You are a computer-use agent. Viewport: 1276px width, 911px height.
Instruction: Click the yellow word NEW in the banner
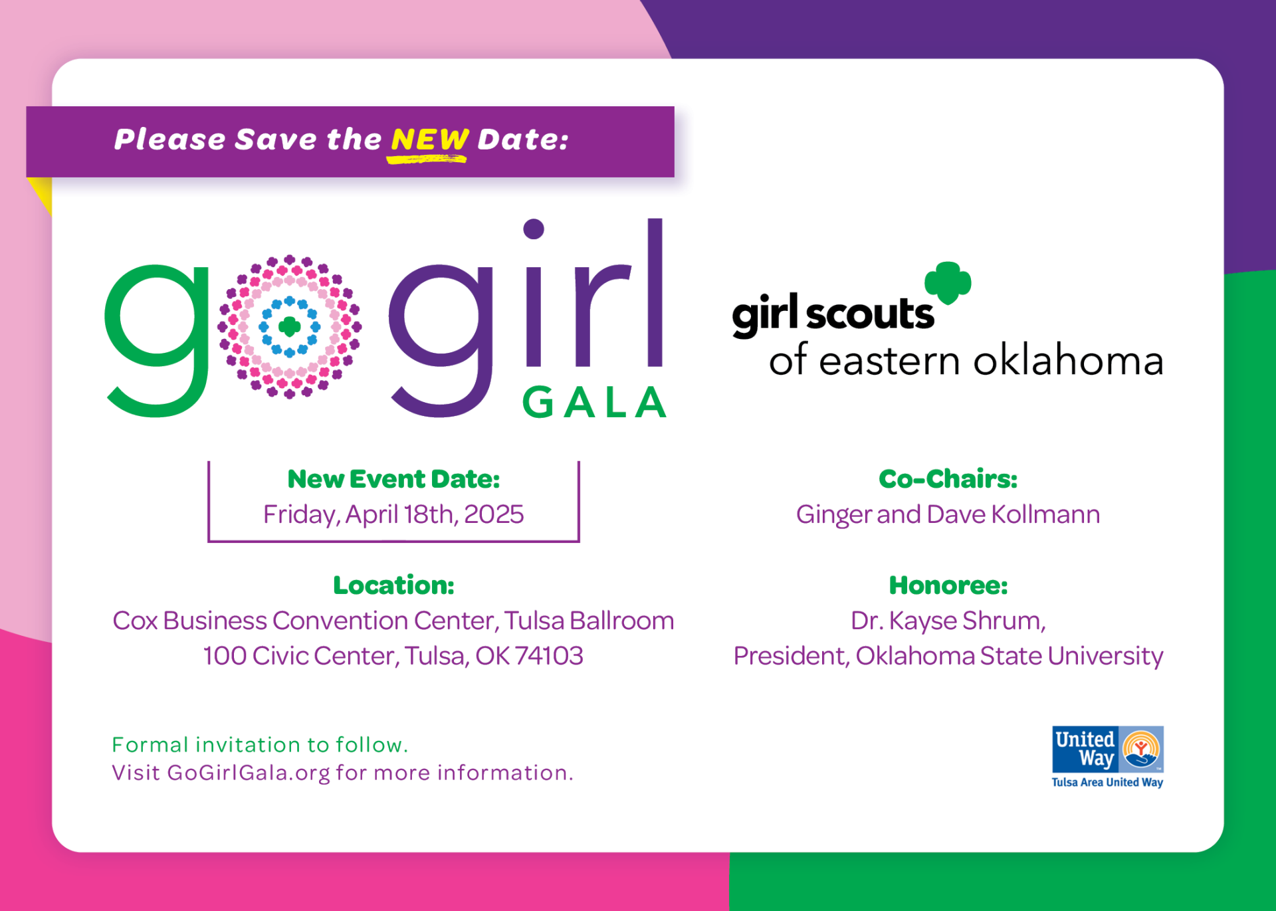click(429, 140)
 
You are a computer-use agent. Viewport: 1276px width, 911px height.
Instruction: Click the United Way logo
click(1107, 757)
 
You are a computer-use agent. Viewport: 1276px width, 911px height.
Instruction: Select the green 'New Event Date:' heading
click(393, 478)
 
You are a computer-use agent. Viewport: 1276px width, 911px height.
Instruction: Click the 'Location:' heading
click(393, 585)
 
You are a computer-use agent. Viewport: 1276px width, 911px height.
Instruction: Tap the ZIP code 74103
click(549, 656)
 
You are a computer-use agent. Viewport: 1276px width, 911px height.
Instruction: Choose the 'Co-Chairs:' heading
click(948, 478)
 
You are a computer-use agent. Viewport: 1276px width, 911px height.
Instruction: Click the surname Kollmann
click(1045, 514)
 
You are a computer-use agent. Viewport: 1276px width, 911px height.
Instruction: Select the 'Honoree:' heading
click(948, 585)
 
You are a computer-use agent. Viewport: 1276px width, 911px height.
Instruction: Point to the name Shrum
click(1004, 621)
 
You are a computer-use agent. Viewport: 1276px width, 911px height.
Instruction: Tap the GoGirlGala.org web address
click(249, 773)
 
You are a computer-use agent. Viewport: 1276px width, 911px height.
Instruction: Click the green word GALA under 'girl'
click(594, 402)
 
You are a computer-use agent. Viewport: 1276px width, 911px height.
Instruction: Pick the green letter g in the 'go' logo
click(156, 340)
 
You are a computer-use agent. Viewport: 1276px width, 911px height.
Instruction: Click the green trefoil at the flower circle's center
click(289, 326)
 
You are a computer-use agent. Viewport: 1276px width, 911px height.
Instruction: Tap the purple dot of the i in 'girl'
click(534, 229)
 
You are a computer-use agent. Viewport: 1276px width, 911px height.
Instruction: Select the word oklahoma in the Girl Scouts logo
click(1068, 360)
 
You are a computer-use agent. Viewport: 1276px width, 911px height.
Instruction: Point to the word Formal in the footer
click(150, 745)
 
